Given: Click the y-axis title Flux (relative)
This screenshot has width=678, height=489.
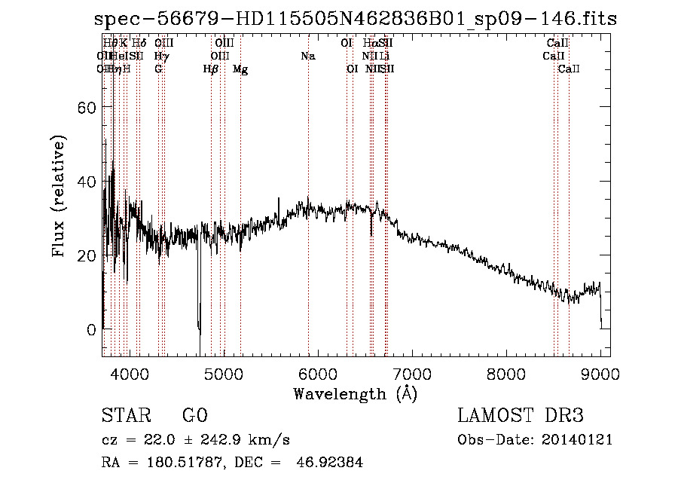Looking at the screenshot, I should tap(60, 197).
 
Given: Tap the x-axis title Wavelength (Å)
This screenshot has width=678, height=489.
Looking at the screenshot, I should tap(355, 393).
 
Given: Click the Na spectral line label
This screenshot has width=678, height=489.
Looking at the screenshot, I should tap(307, 56).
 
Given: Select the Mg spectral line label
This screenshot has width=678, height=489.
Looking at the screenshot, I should tap(240, 69).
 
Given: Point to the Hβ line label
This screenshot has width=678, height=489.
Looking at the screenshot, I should tap(211, 69).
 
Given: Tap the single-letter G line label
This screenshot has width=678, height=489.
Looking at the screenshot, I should tap(158, 69).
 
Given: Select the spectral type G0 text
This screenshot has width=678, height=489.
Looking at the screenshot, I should tap(194, 416).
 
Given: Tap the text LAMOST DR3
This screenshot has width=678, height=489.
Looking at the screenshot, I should tap(521, 416).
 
